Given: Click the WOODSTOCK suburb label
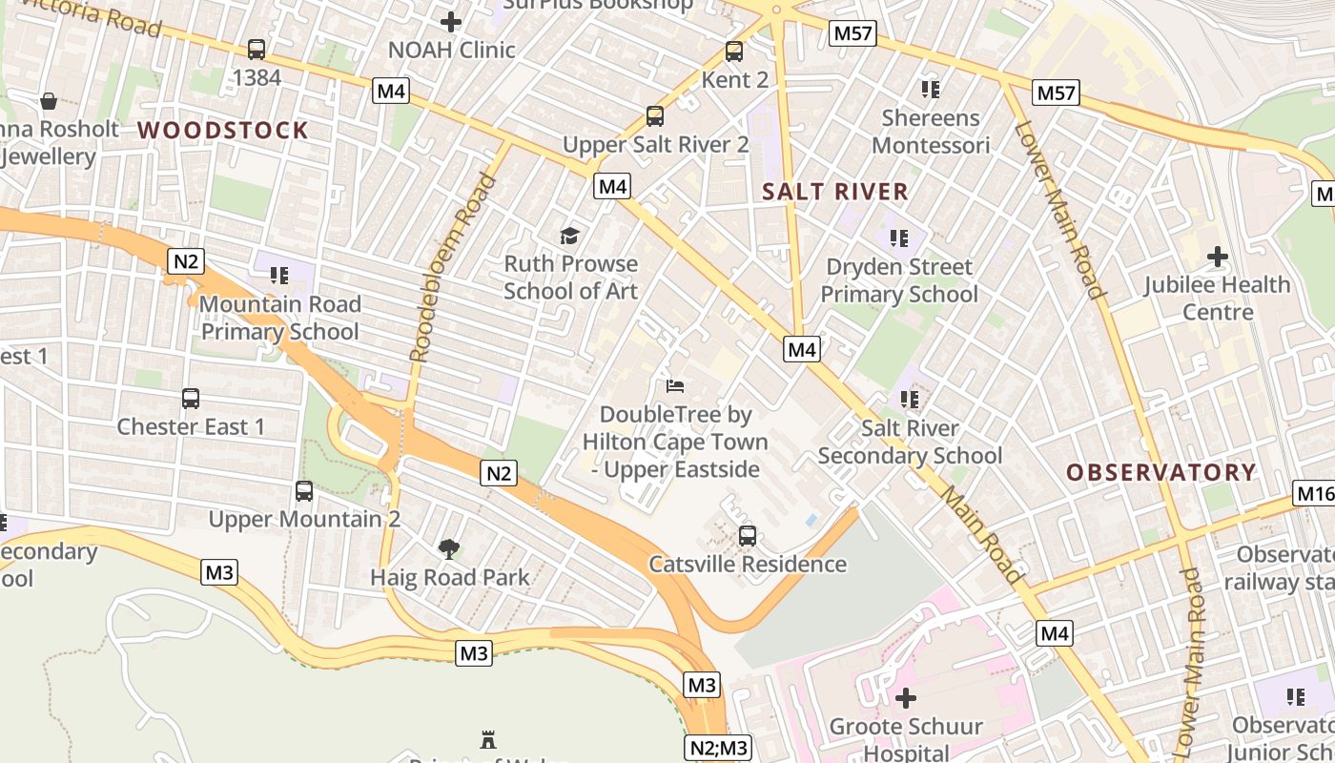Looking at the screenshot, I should pos(223,131).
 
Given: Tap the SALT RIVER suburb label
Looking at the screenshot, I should pos(835,192).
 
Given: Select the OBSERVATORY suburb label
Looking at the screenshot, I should pos(1160,472).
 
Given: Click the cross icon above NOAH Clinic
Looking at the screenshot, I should pos(451,21).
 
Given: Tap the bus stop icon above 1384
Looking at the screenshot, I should pos(256,50).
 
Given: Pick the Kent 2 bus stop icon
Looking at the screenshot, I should pos(733,52).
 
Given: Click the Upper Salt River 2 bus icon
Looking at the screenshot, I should pos(655,116).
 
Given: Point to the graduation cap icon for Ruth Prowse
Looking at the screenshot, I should pos(570,236).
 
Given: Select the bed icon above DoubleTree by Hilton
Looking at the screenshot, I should pos(674,386).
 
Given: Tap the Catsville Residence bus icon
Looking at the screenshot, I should pos(748,536).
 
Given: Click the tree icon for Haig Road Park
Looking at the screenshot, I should pos(449,548).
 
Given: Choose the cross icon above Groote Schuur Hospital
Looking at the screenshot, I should pos(905,698).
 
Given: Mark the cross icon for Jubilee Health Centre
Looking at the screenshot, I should pos(1217,257).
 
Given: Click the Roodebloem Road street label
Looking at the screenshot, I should pos(453,268).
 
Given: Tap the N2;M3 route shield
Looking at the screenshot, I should pos(717,748).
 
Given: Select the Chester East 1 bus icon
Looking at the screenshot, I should pos(190,399).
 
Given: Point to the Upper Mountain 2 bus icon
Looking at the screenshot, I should pos(303,491).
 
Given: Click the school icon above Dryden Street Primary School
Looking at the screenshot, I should pos(898,238).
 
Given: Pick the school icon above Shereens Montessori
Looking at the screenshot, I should pos(930,90).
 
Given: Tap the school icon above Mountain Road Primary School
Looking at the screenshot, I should pos(278,276).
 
